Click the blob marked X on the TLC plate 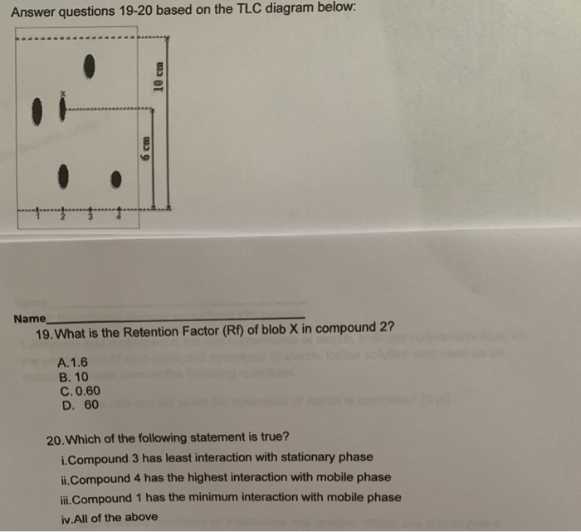click(62, 108)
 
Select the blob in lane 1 click(37, 111)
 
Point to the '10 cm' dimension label click(161, 78)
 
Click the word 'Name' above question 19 click(29, 319)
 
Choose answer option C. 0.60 click(81, 391)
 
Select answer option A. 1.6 click(75, 363)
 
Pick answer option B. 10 click(76, 377)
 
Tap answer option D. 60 click(81, 405)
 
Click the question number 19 click(45, 333)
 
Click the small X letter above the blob click(61, 93)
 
